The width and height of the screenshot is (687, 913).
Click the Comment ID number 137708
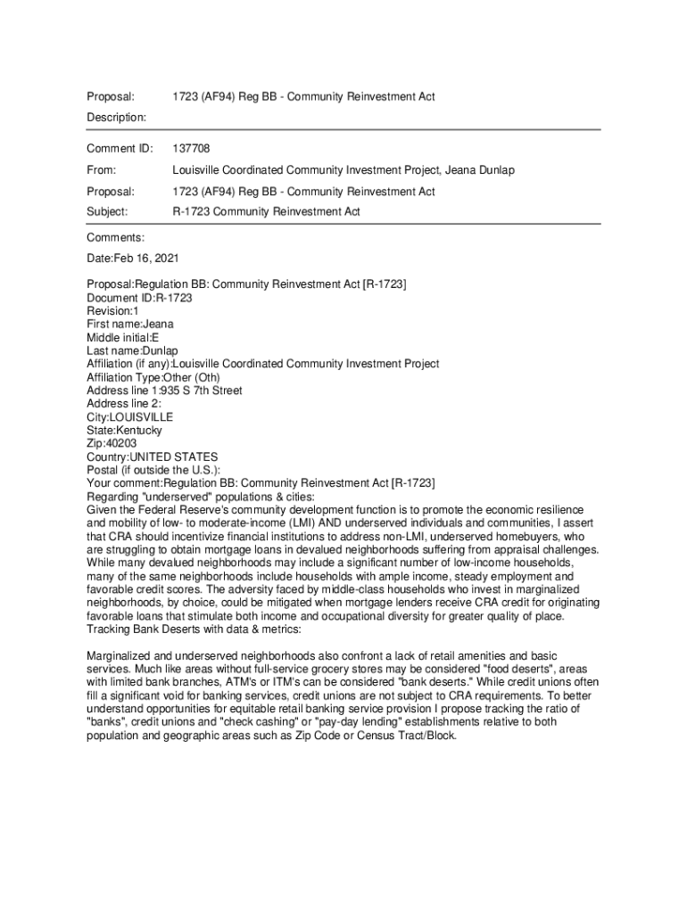coord(191,148)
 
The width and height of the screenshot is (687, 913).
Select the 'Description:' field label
coord(116,118)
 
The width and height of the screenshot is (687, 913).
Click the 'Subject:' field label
coord(107,212)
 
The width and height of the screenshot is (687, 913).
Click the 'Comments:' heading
coord(115,238)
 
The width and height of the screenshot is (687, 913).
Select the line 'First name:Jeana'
coord(130,325)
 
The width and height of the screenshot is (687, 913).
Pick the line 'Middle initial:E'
coord(124,338)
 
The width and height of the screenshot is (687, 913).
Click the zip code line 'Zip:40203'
coord(112,443)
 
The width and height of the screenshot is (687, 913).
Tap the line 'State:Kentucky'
coord(124,430)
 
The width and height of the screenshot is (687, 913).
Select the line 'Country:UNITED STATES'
coord(152,456)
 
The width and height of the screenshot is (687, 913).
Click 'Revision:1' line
coord(112,311)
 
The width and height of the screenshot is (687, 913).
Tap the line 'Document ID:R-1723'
coord(139,298)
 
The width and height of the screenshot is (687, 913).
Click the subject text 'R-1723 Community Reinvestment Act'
coord(266,212)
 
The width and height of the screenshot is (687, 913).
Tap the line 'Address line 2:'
coord(124,404)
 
